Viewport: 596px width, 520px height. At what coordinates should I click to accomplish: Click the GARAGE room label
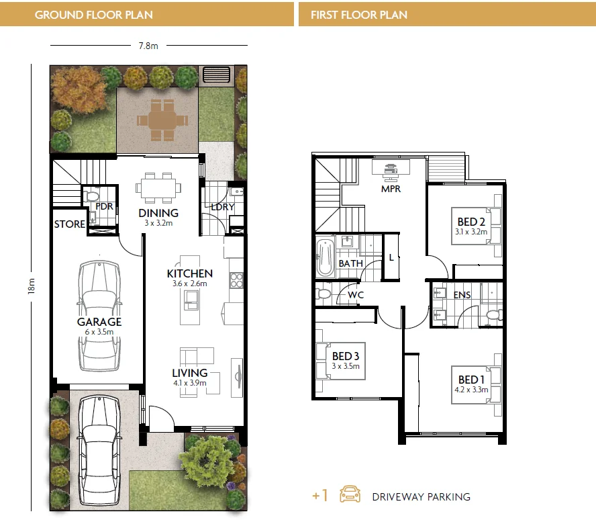[99, 322]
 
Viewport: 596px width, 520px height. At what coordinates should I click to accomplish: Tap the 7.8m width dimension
[148, 46]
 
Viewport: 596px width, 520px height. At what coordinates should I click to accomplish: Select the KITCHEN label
[190, 273]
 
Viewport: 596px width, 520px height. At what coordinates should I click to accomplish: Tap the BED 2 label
[471, 222]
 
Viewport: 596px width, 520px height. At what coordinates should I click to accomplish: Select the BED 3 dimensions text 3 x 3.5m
[346, 366]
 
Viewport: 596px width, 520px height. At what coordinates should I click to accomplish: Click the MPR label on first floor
[391, 189]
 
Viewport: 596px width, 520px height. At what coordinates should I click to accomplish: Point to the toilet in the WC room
[324, 294]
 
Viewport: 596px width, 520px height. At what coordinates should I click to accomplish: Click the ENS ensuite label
[462, 295]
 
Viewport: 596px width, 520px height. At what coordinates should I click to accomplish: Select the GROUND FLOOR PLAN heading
[93, 14]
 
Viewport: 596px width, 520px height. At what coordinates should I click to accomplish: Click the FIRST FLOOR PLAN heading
[359, 14]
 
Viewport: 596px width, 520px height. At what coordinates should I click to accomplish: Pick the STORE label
[69, 224]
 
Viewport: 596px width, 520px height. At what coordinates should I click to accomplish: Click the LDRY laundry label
[221, 207]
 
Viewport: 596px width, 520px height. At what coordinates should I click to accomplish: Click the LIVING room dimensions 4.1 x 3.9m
[189, 383]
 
